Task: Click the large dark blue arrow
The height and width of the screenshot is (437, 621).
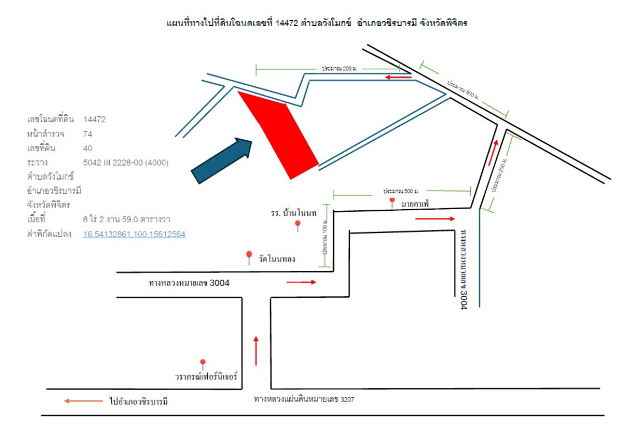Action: pos(222,161)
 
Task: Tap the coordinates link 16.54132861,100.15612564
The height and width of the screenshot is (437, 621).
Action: pos(134,234)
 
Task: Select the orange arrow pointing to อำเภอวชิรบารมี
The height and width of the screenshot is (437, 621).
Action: pos(83,401)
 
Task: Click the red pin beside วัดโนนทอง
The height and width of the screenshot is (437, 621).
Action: pos(249,256)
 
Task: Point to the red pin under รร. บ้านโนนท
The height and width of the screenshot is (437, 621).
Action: pos(298,225)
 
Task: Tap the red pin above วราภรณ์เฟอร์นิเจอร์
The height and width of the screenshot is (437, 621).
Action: pos(203,363)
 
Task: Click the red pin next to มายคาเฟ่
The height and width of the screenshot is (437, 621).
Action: pos(392,202)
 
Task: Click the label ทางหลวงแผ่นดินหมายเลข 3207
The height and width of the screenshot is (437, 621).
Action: pos(304,399)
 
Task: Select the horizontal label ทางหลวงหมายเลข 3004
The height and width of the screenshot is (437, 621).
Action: pos(189,283)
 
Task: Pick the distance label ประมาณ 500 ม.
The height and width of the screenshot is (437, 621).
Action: pos(401,191)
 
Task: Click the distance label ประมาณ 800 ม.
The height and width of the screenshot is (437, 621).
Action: pos(463,90)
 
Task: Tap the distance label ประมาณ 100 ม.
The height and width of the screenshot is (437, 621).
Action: pos(325,237)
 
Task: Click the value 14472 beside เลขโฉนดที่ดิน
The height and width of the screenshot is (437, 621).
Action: pos(94,120)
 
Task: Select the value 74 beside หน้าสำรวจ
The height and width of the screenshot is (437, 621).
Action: pos(87,134)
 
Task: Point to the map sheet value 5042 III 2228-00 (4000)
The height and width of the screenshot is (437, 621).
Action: pos(126,163)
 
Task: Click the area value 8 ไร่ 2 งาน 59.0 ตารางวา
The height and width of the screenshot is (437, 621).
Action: pos(127,219)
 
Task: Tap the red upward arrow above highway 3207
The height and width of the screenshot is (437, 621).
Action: pos(256,351)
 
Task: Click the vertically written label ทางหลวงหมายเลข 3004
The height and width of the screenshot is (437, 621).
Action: pos(464,269)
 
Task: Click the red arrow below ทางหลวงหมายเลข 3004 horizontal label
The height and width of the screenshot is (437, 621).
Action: pos(301,282)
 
